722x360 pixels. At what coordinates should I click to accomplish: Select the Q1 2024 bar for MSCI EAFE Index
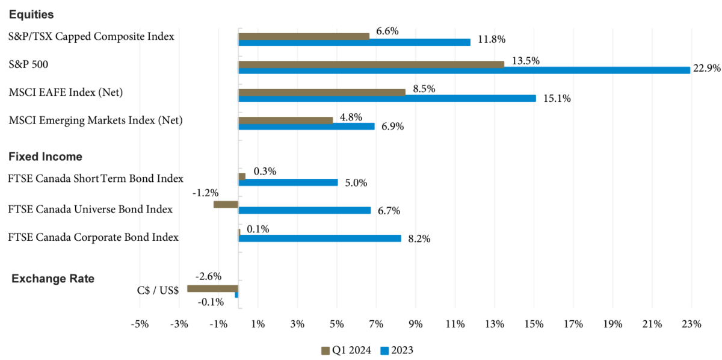pos(322,92)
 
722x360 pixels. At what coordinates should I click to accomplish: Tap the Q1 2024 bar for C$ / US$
pos(213,288)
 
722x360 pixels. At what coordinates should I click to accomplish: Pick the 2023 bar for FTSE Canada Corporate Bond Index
pos(319,238)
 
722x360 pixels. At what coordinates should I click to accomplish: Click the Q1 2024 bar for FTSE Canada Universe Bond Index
pos(226,204)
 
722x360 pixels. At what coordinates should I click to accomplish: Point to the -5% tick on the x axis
pos(140,324)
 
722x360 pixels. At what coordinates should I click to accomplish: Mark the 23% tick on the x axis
pos(692,324)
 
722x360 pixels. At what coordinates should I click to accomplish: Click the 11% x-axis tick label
pos(455,324)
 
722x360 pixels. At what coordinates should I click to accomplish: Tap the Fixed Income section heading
pos(45,157)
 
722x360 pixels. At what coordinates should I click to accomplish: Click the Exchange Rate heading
pos(53,279)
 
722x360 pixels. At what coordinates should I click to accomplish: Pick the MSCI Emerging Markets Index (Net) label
pos(96,120)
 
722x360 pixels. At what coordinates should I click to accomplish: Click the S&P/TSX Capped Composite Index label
pos(91,36)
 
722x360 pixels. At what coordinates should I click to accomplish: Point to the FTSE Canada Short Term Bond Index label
pos(96,178)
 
